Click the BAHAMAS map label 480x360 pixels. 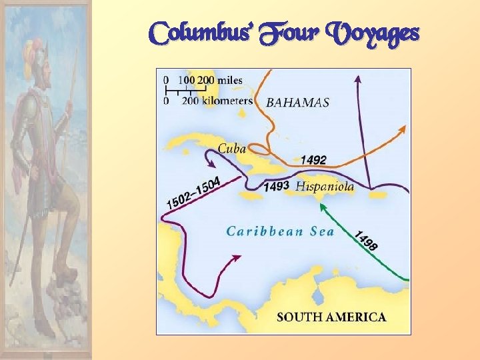(x=298, y=103)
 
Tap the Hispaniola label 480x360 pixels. (x=325, y=187)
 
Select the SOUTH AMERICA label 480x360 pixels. (x=331, y=317)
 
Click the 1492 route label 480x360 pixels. (x=313, y=160)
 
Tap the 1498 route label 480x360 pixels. (x=365, y=241)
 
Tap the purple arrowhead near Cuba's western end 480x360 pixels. (x=212, y=163)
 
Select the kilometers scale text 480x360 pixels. (x=217, y=101)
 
